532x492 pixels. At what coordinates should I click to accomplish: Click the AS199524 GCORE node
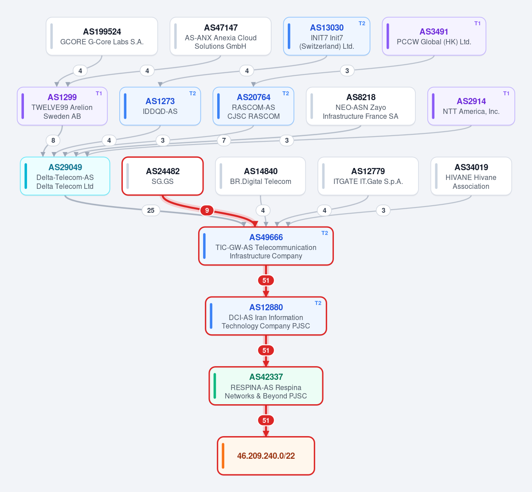point(102,36)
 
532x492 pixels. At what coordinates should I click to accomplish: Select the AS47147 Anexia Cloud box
point(220,36)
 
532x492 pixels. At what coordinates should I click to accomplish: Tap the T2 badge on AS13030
point(362,23)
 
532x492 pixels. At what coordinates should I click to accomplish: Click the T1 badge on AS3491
point(477,23)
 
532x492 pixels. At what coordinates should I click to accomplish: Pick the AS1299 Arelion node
point(62,106)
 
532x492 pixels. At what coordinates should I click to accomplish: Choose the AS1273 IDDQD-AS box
point(160,106)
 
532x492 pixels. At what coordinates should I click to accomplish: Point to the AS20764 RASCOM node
point(253,106)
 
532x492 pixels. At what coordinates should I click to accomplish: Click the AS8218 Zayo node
point(360,106)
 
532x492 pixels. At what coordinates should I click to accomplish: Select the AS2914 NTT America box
point(471,106)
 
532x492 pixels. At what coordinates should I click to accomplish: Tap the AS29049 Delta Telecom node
point(65,176)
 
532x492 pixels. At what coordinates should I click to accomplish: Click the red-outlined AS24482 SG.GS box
point(163,176)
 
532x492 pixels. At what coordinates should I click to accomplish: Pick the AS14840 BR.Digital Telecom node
point(260,176)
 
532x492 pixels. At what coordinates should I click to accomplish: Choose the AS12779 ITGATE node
point(368,176)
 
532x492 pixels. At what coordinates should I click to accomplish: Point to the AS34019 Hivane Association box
point(471,176)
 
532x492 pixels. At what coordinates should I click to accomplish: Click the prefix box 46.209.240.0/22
point(266,456)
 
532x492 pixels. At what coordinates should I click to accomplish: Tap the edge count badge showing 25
point(151,211)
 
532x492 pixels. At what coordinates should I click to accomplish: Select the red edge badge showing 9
point(207,211)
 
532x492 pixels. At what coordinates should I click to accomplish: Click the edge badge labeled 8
point(53,141)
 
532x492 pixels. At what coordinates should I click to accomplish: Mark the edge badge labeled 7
point(224,141)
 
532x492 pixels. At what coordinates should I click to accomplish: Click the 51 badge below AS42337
point(266,421)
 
